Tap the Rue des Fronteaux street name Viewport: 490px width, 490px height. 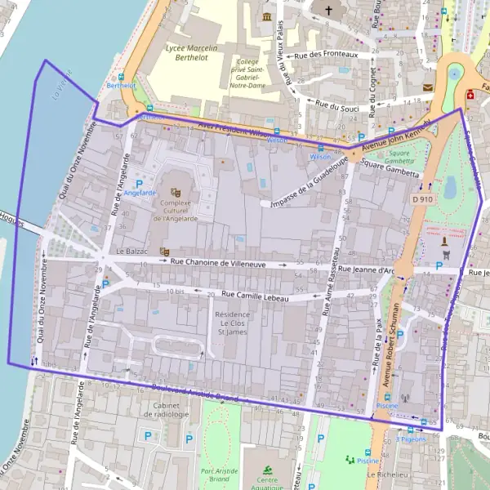pyautogui.click(x=326, y=55)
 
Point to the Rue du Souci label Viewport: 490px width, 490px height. pyautogui.click(x=337, y=106)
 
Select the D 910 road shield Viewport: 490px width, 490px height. pyautogui.click(x=421, y=199)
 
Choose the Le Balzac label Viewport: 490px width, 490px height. pyautogui.click(x=131, y=252)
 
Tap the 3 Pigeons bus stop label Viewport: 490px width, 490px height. pyautogui.click(x=411, y=439)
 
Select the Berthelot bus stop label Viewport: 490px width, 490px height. pyautogui.click(x=121, y=85)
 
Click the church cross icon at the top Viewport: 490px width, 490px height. pyautogui.click(x=329, y=11)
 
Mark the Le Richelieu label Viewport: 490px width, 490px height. pyautogui.click(x=387, y=474)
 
